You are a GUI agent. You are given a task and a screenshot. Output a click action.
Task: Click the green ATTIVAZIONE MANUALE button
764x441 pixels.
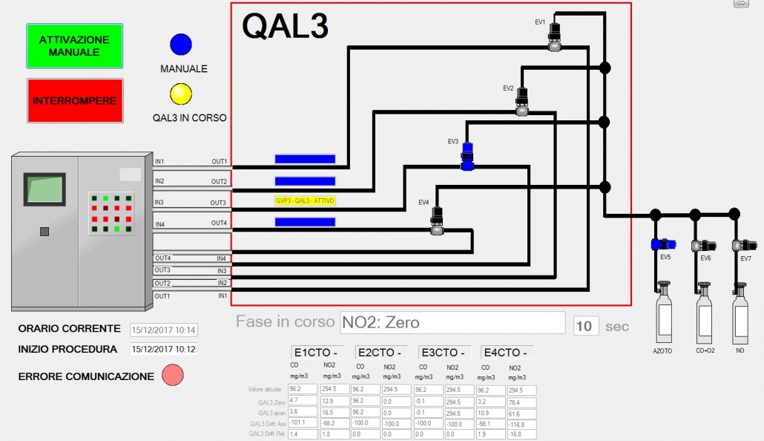pos(74,46)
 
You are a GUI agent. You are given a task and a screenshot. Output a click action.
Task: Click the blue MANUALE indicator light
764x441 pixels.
pos(181,45)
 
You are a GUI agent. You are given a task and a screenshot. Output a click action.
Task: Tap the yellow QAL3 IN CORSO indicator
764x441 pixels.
pos(181,94)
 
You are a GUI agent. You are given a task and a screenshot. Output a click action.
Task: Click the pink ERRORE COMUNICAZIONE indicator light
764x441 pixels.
pos(172,376)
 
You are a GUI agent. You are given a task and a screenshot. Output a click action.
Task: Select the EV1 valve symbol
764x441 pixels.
pos(555,36)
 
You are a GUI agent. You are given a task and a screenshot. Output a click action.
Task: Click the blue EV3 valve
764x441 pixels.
pos(467,157)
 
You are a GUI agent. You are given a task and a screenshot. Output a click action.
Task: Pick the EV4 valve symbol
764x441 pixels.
pos(438,221)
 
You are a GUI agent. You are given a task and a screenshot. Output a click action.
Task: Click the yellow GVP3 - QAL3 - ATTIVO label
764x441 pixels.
pos(305,200)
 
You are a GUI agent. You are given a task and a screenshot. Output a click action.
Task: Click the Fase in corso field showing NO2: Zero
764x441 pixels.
pos(452,323)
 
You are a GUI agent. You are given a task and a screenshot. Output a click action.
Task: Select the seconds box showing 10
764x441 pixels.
pos(585,326)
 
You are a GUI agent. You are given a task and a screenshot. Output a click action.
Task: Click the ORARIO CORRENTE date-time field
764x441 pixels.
pos(163,330)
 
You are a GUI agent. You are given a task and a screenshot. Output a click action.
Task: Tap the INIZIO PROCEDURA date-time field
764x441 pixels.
pos(163,349)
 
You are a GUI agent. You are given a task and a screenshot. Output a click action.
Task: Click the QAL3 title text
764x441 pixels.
pos(285,27)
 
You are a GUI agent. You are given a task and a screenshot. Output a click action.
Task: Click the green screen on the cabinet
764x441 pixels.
pos(44,189)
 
